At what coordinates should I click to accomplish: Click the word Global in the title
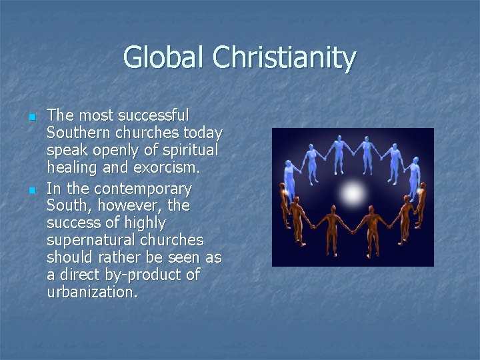[x=165, y=57]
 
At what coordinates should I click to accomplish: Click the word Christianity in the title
[x=285, y=57]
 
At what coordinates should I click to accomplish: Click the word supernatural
[x=91, y=239]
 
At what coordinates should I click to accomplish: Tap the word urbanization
[x=92, y=291]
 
